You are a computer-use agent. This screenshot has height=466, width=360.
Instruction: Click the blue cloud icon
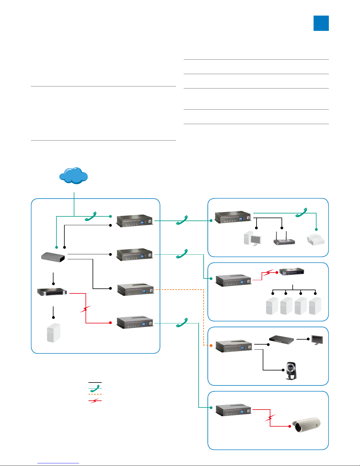(73, 176)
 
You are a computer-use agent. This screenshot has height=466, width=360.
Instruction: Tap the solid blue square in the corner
(321, 23)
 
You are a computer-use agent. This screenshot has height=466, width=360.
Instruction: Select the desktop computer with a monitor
(252, 238)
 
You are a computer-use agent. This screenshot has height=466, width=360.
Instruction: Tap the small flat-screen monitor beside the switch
(317, 340)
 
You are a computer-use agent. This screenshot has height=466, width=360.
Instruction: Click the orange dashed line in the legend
(95, 394)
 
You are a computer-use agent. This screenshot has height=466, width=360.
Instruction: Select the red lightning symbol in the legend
(95, 401)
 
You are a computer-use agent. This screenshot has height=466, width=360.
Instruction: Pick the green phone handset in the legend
(95, 388)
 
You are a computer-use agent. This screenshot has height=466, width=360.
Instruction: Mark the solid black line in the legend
(95, 383)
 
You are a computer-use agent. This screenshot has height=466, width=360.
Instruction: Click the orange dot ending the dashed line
(211, 345)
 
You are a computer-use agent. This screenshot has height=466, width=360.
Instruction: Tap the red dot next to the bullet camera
(290, 426)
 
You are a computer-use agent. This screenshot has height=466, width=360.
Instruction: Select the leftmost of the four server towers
(272, 306)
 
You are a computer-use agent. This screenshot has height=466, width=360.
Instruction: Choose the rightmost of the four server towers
(315, 306)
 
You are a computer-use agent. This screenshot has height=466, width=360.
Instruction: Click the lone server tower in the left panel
(53, 333)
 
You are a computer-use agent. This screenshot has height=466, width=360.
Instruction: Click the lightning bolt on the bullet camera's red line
(270, 417)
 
